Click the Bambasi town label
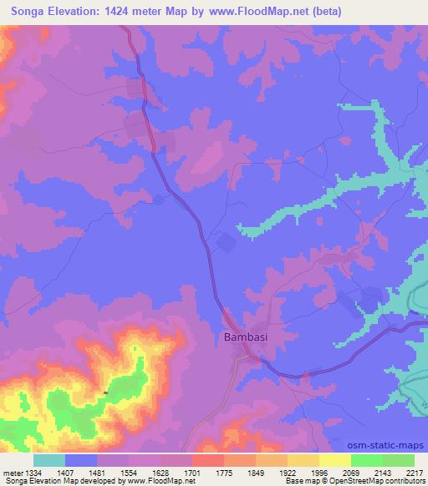coord(247,338)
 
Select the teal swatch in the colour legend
coord(49,460)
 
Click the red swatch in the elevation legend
coord(208,460)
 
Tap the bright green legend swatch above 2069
coord(367,460)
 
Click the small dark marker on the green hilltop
coord(105,392)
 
